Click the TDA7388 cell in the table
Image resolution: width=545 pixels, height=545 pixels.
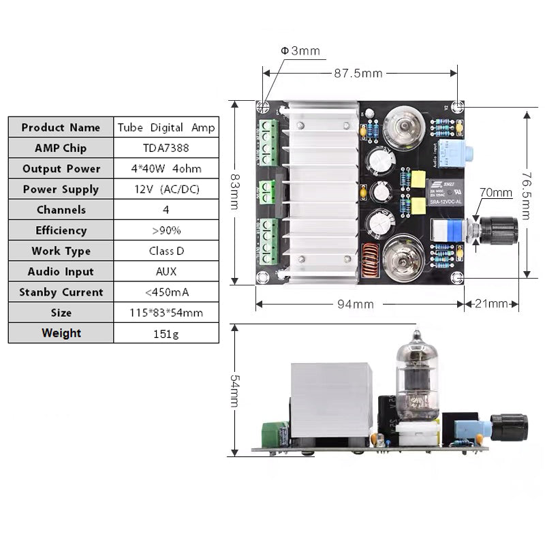[166, 148]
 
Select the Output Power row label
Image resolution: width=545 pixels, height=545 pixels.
[61, 168]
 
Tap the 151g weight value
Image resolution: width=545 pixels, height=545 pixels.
[166, 333]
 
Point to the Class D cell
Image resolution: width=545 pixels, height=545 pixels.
[166, 251]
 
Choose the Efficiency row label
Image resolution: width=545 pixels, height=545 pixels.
[61, 230]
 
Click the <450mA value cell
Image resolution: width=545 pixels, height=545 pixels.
[166, 292]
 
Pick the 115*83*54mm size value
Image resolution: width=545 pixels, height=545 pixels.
[166, 313]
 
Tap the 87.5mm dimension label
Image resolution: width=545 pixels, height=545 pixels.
[358, 73]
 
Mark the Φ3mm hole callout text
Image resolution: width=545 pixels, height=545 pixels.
[300, 51]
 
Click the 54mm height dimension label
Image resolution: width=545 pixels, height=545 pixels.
[234, 390]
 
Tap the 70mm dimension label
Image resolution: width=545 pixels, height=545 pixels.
[495, 193]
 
